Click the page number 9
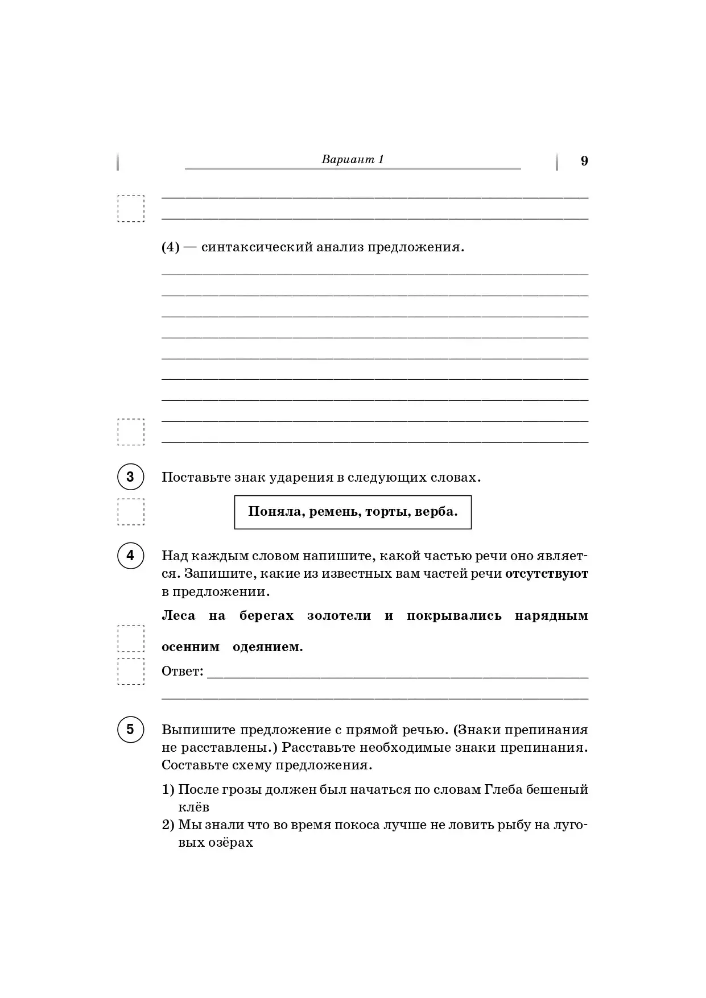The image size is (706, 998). click(x=584, y=161)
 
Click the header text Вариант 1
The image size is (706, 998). click(x=353, y=159)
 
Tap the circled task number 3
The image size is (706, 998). click(x=130, y=477)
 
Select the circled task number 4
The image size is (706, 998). click(x=130, y=555)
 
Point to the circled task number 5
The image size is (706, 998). click(x=130, y=729)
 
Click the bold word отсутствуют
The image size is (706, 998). click(x=547, y=573)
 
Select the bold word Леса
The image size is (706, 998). click(x=179, y=615)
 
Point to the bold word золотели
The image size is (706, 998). click(x=339, y=615)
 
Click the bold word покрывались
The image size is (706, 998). click(x=454, y=615)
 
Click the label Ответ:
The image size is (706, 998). click(x=182, y=672)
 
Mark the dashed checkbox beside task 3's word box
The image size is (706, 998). click(x=131, y=512)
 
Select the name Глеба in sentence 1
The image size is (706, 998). click(x=503, y=789)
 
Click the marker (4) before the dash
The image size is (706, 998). click(x=171, y=248)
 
